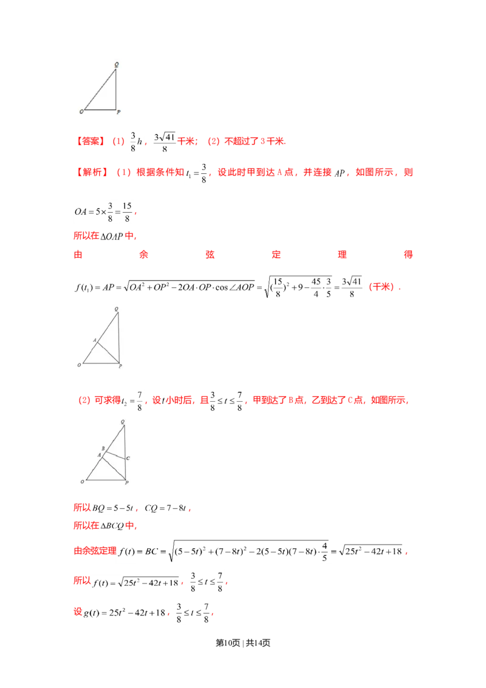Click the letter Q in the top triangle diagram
click(x=116, y=64)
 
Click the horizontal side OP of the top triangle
click(x=100, y=110)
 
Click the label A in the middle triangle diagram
click(x=95, y=340)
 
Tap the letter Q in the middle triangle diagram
click(x=116, y=309)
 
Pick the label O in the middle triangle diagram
click(x=80, y=365)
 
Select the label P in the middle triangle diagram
click(x=120, y=366)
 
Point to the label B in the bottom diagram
click(x=103, y=449)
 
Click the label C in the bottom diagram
click(x=128, y=458)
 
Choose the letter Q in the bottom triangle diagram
click(x=123, y=422)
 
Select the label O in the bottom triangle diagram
click(x=83, y=482)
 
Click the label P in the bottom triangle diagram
click(x=126, y=483)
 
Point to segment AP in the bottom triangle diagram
click(x=114, y=469)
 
